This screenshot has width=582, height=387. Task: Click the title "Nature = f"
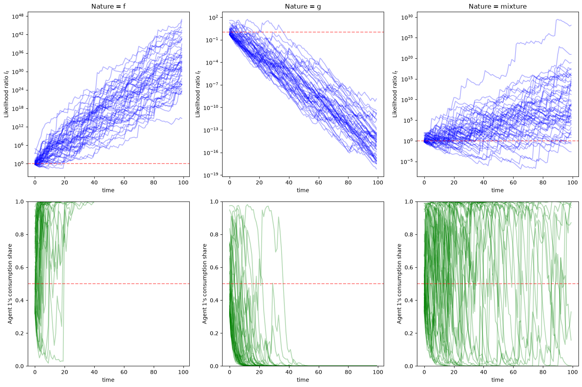[108, 6]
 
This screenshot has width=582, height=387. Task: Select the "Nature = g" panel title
[303, 6]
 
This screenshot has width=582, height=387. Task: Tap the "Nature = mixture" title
[498, 6]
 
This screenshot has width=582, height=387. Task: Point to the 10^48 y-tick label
[18, 17]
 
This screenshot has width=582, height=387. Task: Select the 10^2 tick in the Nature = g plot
[214, 18]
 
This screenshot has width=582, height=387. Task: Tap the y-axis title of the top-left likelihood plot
[6, 94]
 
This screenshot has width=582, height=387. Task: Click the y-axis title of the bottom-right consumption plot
[399, 284]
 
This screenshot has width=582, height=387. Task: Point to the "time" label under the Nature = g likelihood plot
[303, 190]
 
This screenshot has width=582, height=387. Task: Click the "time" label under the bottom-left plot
[108, 380]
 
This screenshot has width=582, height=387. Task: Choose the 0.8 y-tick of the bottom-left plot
[20, 235]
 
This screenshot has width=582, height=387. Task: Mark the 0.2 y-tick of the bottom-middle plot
[214, 333]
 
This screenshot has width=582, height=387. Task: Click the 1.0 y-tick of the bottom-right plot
[409, 202]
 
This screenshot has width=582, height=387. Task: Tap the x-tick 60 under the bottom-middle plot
[318, 372]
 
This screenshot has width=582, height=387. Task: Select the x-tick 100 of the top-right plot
[573, 183]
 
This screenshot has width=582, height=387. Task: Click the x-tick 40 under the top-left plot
[94, 183]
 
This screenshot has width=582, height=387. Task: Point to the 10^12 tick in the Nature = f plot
[18, 127]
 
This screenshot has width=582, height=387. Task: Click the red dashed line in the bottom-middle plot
[303, 284]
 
